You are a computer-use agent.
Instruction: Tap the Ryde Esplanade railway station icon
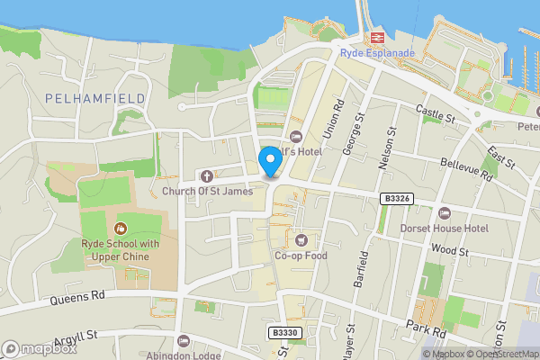(x=376, y=37)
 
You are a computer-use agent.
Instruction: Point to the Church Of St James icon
(x=208, y=175)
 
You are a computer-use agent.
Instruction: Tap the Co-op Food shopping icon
(x=301, y=240)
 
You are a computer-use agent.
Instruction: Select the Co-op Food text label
(x=301, y=256)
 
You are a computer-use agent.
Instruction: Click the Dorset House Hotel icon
(x=445, y=213)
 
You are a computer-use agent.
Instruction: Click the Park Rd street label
(x=426, y=328)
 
